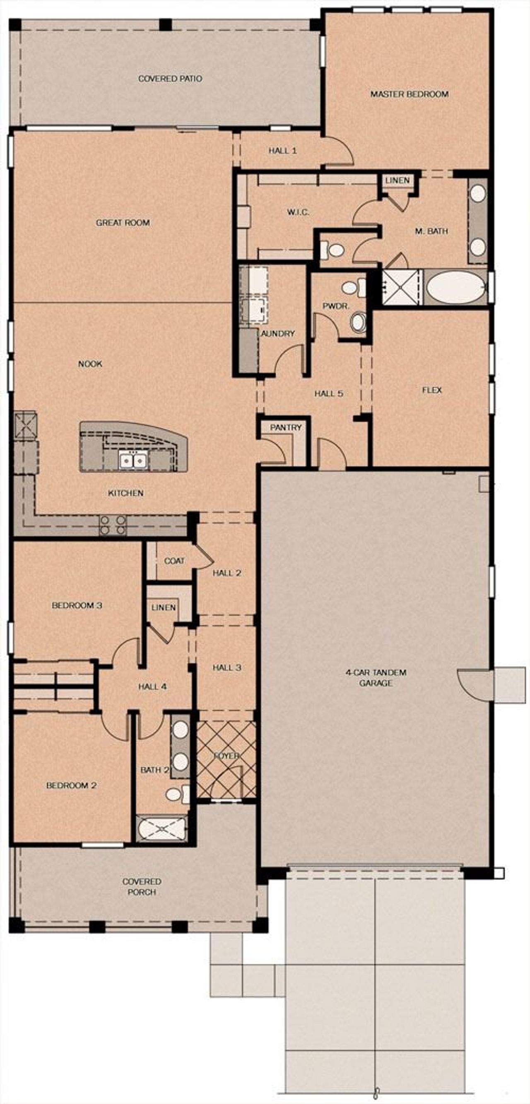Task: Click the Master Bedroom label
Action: point(409,94)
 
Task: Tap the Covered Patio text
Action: point(170,79)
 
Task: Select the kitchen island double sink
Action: point(132,461)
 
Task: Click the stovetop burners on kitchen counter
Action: point(113,525)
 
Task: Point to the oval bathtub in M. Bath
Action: point(455,288)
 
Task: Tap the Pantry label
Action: point(286,427)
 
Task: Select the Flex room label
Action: point(431,390)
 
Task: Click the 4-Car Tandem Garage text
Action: point(376,677)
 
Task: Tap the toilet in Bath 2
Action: point(176,794)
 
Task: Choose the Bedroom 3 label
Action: point(77,605)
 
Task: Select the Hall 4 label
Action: point(152,686)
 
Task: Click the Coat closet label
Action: point(174,561)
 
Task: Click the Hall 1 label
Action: point(282,151)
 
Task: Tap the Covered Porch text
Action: point(142,886)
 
